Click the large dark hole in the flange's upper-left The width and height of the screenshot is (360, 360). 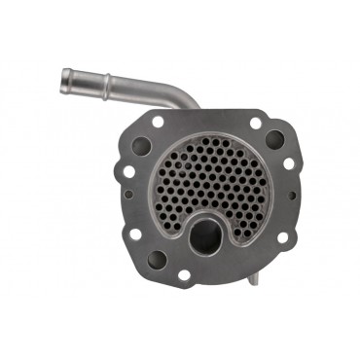[142, 147]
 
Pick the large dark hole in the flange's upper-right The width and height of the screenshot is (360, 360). [274, 140]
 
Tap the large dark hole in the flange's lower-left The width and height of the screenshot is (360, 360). [157, 260]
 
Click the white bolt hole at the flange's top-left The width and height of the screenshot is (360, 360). [158, 123]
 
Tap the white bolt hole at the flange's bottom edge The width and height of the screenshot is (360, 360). [184, 274]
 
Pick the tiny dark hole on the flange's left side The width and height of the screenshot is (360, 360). [127, 193]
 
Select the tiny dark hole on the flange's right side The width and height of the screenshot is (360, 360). [292, 195]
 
